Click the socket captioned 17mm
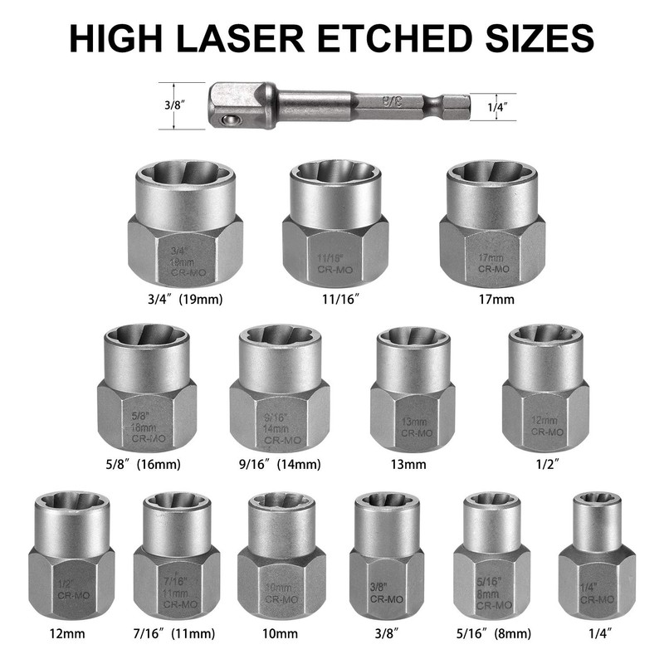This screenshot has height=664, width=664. (x=492, y=224)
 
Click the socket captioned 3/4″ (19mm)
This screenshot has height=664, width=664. (x=185, y=224)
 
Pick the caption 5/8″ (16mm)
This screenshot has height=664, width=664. (x=146, y=464)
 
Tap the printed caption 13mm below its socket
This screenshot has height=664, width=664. (x=413, y=464)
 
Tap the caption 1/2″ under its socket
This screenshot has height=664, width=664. (x=545, y=464)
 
